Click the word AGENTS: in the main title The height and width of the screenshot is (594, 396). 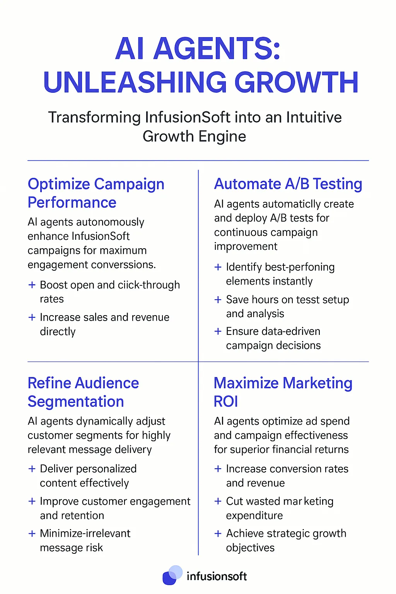217,49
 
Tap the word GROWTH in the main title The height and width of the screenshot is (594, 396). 297,82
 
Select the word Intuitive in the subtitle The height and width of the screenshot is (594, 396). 314,117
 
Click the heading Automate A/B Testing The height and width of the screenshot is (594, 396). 288,184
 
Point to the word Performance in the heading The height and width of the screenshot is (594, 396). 72,203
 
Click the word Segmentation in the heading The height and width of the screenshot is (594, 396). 76,402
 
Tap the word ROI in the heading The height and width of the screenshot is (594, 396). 226,402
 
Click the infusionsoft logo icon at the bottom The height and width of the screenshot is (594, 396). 172,575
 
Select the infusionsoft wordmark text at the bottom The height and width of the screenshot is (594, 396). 217,577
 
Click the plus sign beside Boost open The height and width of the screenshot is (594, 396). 32,285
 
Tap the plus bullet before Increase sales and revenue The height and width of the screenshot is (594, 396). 32,317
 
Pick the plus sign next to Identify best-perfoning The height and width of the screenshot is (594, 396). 218,267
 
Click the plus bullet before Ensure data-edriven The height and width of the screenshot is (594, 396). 218,331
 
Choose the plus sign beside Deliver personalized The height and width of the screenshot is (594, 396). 32,469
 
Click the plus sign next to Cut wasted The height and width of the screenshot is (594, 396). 218,501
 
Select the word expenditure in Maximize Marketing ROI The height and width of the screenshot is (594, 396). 254,515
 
